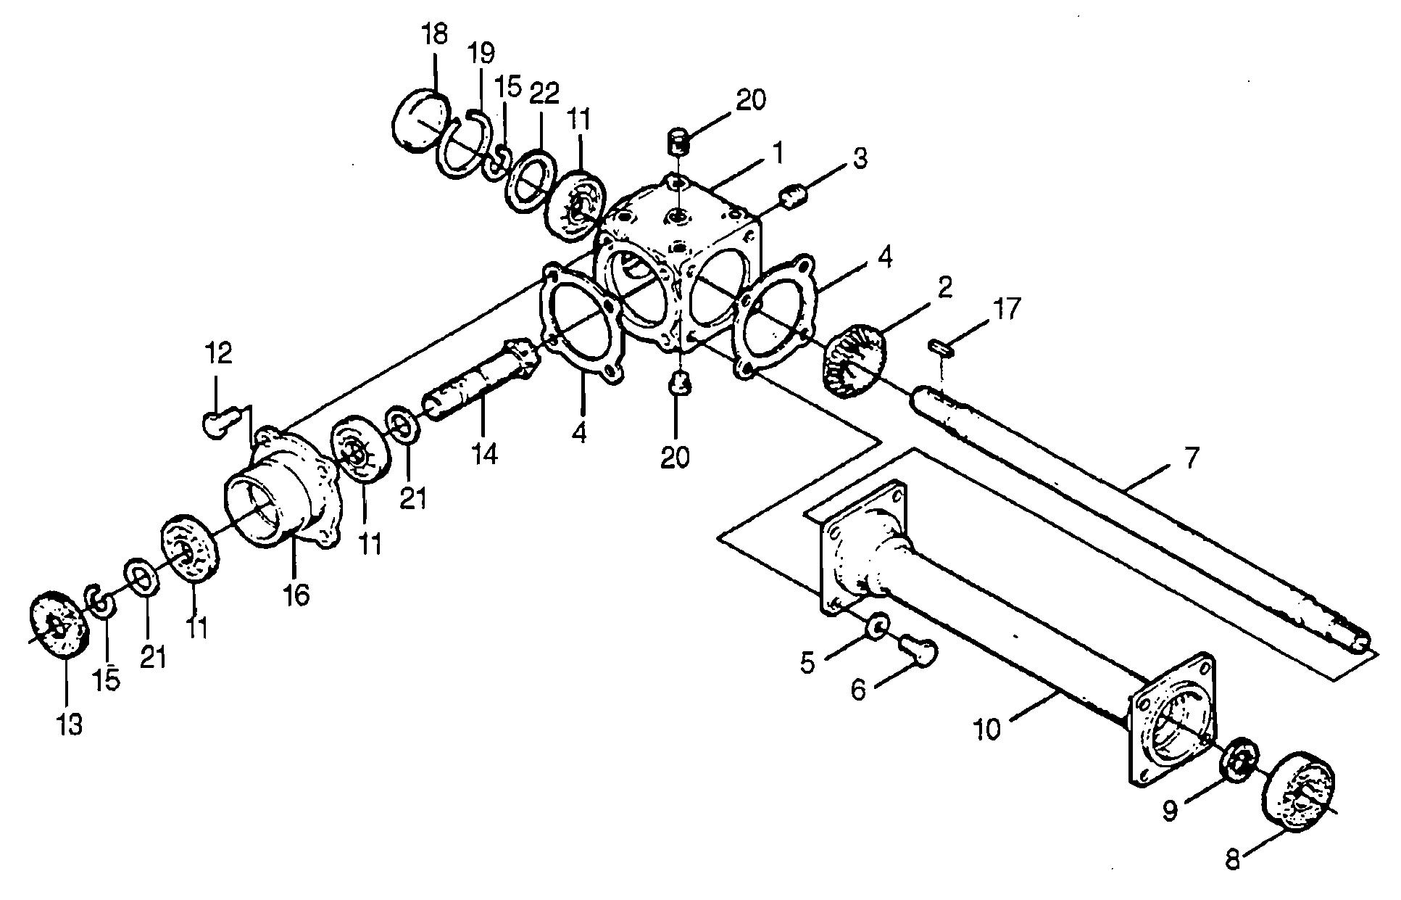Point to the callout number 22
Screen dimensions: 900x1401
click(544, 94)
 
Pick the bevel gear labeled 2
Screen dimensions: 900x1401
click(855, 361)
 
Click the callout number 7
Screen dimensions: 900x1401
click(1192, 458)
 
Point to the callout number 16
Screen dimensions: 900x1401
click(297, 595)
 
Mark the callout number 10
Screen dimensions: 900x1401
click(987, 729)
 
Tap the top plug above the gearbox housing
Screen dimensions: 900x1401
click(678, 139)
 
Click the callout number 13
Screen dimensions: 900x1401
click(70, 724)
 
